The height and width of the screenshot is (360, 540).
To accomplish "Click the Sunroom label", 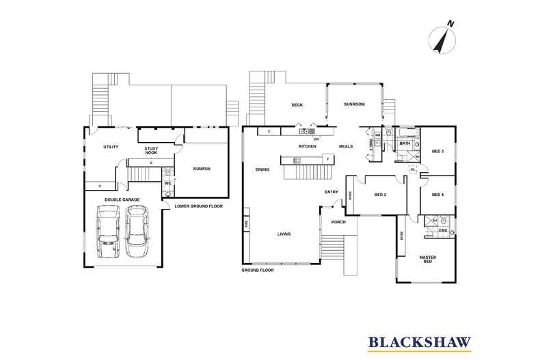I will [354, 105].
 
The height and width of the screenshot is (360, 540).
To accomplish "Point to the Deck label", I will [297, 105].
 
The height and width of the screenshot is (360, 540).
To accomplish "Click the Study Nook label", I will [152, 150].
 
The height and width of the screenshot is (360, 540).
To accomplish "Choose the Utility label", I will [111, 147].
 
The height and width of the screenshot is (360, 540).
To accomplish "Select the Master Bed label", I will [428, 259].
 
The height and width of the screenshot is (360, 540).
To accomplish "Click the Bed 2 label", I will [381, 195].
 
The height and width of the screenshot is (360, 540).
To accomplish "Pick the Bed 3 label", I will [437, 151].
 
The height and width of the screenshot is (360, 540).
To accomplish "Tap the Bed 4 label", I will [437, 195].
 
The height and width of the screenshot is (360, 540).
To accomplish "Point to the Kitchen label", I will [306, 147].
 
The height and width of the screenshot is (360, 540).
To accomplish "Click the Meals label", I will [345, 147].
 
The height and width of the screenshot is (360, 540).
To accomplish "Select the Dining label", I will [262, 170].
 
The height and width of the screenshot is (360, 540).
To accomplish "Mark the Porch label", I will [338, 223].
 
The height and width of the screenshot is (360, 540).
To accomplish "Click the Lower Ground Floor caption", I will [198, 206].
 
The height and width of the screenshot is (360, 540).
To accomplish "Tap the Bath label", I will [405, 143].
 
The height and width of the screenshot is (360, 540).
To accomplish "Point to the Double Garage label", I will [122, 199].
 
